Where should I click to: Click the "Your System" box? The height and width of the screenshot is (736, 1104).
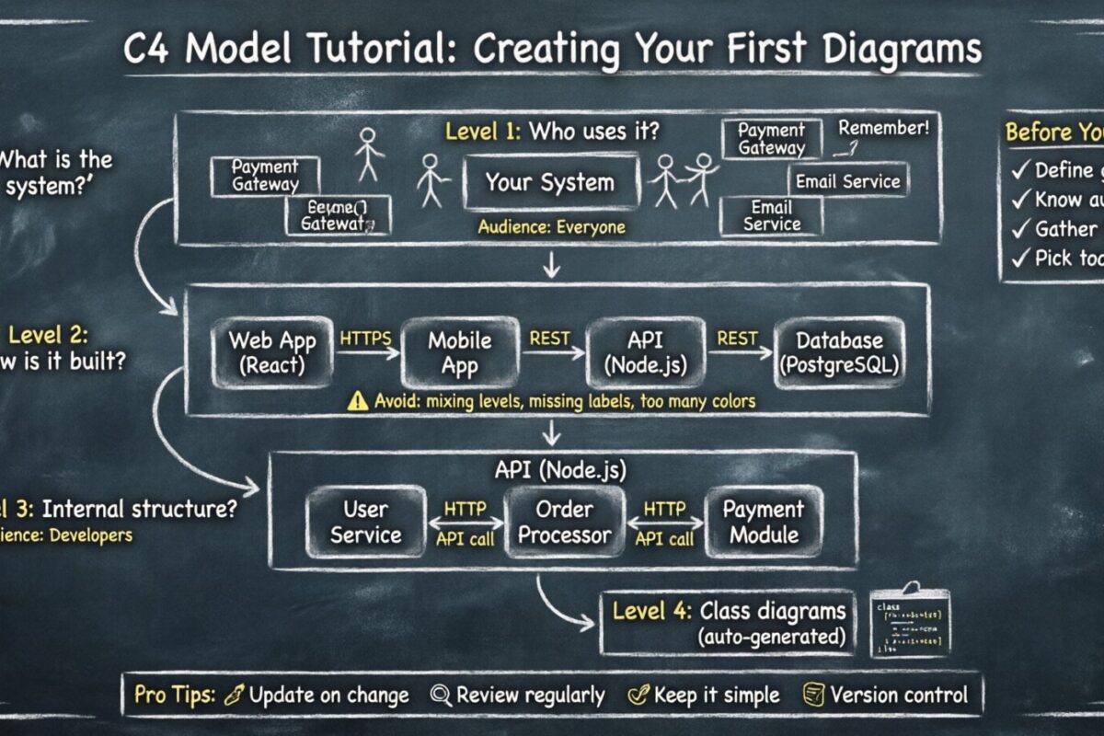coord(549,182)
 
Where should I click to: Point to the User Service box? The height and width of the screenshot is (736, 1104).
coord(365,522)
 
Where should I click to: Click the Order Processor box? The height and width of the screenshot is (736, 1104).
coord(565,522)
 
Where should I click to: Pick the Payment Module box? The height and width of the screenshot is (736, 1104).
coord(763,522)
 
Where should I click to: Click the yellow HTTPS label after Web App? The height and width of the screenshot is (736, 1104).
coord(366,339)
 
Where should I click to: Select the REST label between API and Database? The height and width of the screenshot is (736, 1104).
coord(737,339)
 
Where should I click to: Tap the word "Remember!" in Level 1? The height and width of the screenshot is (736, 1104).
coord(883,128)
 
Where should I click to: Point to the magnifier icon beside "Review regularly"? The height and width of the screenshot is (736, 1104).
coord(440,695)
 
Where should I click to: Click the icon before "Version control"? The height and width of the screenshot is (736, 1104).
coord(812,695)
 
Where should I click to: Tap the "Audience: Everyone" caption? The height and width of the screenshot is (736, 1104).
coord(551,226)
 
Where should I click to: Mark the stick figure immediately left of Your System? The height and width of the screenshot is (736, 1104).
coord(431,179)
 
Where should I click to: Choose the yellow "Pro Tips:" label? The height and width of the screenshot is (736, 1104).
coord(175,695)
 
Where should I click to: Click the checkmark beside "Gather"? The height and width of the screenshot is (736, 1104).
coord(1018,228)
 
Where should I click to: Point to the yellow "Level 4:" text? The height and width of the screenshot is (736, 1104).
coord(649,611)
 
